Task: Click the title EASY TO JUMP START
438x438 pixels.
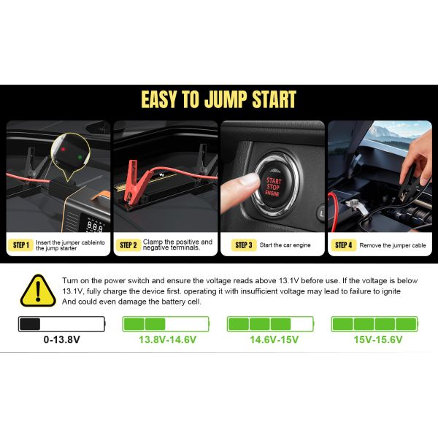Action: pos(218,99)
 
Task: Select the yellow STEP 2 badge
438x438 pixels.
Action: pos(128,245)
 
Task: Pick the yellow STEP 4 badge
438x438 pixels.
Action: pos(342,245)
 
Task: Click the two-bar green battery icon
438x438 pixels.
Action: pos(166,324)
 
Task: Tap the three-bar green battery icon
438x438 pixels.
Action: pos(271,324)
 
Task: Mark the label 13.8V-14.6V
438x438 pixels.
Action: pos(166,340)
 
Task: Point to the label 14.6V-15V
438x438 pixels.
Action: pos(271,340)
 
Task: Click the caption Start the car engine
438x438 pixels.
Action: pos(287,245)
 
